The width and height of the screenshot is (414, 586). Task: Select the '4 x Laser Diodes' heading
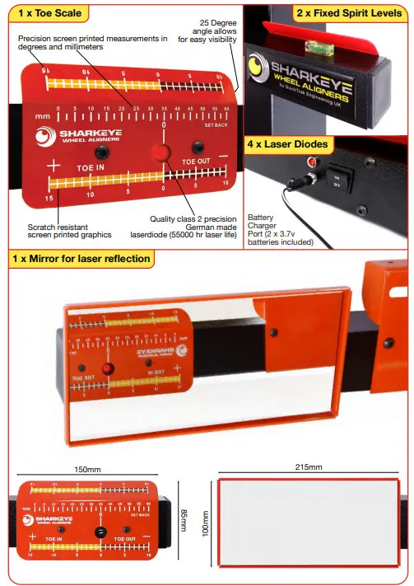288,144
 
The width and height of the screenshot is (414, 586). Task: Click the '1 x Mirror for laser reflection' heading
81,258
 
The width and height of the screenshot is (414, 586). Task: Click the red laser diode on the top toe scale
162,153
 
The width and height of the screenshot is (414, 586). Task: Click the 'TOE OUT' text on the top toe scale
196,162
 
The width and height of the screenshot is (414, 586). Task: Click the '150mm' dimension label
88,469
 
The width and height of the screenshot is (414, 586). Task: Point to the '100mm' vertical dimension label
205,523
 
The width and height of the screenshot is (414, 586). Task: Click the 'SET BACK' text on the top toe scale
216,124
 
